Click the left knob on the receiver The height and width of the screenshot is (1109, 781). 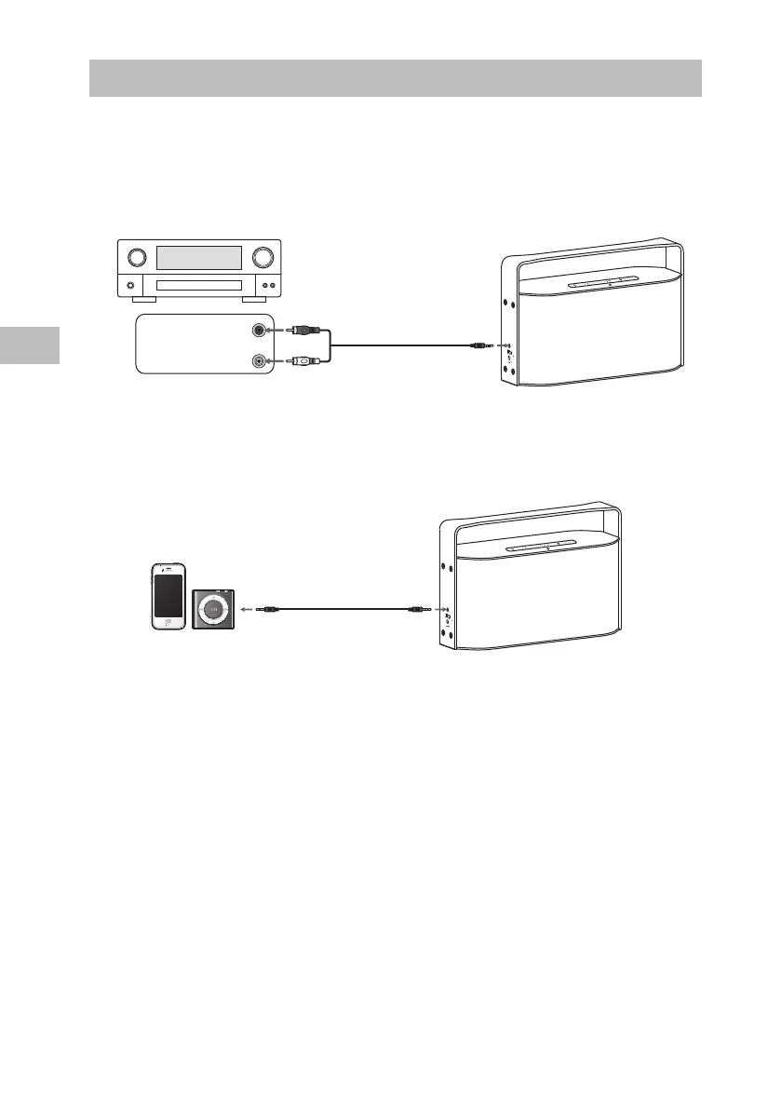pyautogui.click(x=137, y=257)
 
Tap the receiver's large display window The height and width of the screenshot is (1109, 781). pyautogui.click(x=199, y=258)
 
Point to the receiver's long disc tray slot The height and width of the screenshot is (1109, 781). pyautogui.click(x=199, y=286)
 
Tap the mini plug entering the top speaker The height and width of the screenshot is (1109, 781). pyautogui.click(x=480, y=345)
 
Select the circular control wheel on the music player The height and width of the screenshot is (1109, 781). pyautogui.click(x=213, y=609)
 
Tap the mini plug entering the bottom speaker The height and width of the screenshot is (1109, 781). pyautogui.click(x=416, y=609)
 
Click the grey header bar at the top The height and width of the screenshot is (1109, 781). pyautogui.click(x=395, y=78)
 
